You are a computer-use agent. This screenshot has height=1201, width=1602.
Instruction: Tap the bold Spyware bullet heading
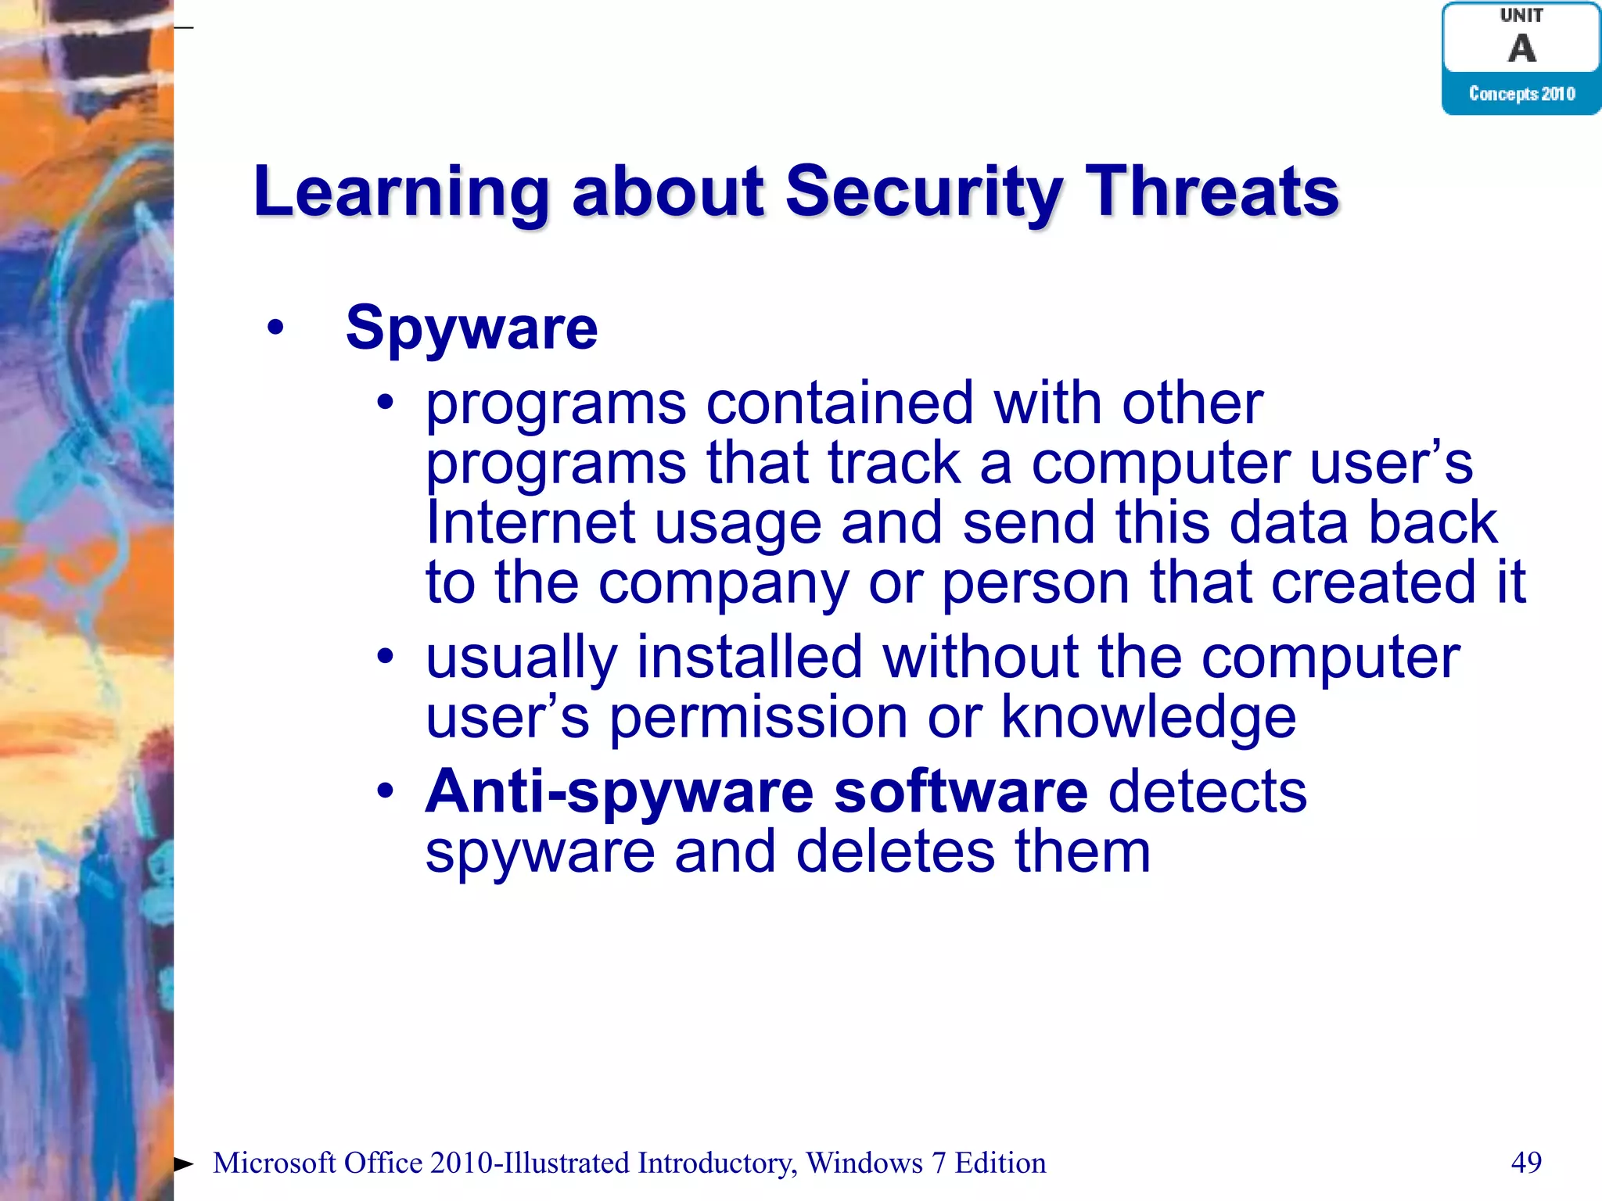(472, 328)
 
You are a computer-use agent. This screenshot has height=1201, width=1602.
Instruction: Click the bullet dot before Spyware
(275, 327)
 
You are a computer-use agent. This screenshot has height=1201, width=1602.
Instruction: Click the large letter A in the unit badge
(1521, 48)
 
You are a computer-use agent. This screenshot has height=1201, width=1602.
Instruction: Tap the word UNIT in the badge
(1521, 15)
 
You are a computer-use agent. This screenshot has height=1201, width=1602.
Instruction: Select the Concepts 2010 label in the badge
(1521, 94)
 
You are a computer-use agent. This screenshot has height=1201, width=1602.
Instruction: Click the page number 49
(1525, 1162)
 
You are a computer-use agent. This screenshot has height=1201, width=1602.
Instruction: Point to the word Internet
(530, 522)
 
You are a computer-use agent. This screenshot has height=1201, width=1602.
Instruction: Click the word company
(723, 583)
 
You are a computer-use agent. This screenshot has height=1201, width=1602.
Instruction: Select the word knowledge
(1148, 717)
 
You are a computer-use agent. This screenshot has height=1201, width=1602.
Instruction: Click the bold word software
(961, 792)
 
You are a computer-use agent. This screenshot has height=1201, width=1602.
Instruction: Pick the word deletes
(895, 851)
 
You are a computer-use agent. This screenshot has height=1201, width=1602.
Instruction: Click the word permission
(758, 719)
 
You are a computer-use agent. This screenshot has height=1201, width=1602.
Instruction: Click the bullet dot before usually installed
(384, 656)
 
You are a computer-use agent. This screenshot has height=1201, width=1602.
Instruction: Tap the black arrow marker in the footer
(183, 1163)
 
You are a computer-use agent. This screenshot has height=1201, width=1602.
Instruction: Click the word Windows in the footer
(864, 1163)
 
